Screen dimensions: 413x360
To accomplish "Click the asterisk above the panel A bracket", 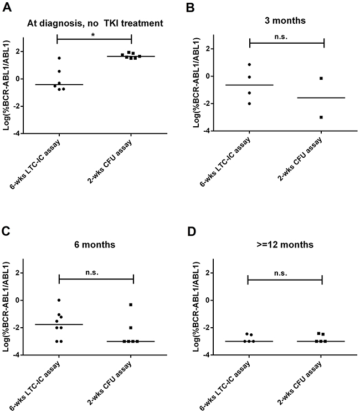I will coord(95,34).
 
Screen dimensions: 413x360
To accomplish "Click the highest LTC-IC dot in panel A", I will coord(59,58).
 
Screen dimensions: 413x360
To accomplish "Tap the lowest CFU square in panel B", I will coord(321,117).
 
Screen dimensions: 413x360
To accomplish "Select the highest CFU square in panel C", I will coord(131,304).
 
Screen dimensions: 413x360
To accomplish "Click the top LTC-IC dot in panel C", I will coord(59,300).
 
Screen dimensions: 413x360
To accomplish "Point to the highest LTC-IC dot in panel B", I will coord(250,65).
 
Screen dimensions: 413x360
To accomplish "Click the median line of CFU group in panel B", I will coord(321,98).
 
